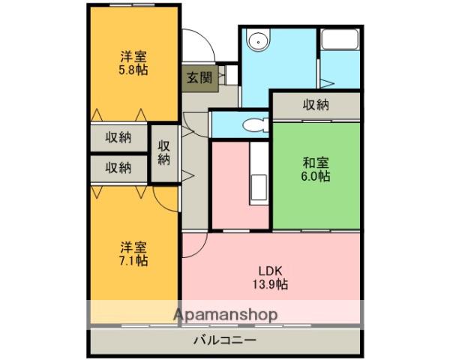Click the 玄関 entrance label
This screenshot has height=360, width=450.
click(x=199, y=78)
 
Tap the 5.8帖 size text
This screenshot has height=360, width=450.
click(x=133, y=70)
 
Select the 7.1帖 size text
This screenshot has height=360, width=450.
click(x=133, y=260)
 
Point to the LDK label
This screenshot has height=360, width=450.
click(x=270, y=271)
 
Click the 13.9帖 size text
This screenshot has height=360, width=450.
click(x=270, y=284)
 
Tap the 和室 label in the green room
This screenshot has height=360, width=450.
click(x=316, y=163)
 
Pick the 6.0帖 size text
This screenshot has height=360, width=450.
click(x=316, y=176)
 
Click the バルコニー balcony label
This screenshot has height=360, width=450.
click(x=225, y=340)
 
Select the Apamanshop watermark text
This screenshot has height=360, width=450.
click(x=226, y=315)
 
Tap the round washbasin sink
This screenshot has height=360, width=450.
click(x=259, y=41)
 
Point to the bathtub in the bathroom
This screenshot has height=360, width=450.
click(x=340, y=39)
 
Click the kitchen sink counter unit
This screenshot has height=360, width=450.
click(x=259, y=173)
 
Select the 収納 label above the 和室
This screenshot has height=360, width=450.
click(x=316, y=105)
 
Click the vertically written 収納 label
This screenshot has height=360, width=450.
click(x=164, y=153)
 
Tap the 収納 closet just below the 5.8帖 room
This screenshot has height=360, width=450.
click(x=118, y=138)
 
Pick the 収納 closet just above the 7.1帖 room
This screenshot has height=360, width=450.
click(x=118, y=168)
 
